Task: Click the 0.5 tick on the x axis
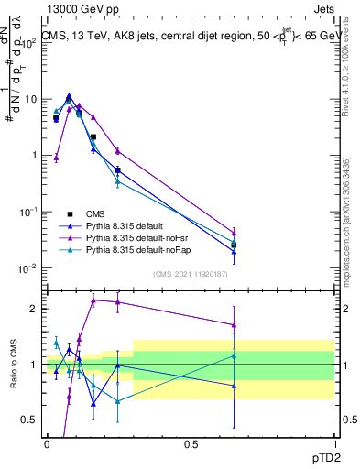(191, 443)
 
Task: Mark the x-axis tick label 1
(334, 443)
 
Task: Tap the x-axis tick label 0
(47, 443)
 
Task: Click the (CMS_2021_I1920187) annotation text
(190, 272)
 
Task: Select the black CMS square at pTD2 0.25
(118, 170)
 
